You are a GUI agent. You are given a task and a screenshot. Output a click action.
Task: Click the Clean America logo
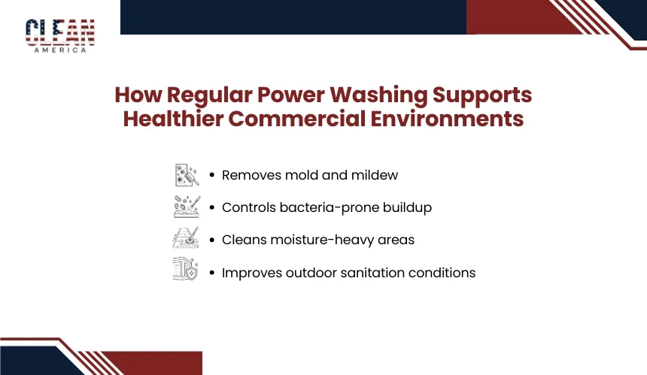(x=60, y=36)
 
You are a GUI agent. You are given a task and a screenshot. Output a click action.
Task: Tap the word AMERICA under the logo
(x=60, y=50)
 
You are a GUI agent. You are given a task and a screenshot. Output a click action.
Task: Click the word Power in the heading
(x=291, y=95)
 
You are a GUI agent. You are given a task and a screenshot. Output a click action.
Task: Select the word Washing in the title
(x=378, y=95)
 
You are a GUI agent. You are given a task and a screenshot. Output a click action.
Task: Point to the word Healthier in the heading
(x=173, y=119)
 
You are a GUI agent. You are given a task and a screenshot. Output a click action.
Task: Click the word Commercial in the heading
(x=296, y=119)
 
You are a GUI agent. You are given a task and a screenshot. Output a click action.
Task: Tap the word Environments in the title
(x=447, y=119)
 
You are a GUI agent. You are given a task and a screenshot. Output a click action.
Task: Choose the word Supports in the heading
(x=482, y=95)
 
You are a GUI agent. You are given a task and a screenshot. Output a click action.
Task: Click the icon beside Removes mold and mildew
(x=187, y=175)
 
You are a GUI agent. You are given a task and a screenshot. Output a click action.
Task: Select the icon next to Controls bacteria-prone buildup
(x=187, y=207)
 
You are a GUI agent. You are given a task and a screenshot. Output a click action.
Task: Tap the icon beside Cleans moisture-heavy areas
(x=186, y=237)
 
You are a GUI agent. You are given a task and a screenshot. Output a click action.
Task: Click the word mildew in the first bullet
(x=375, y=175)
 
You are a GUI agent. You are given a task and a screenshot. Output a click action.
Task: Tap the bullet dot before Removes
(x=212, y=175)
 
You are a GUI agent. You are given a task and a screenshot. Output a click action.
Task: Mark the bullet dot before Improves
(x=212, y=273)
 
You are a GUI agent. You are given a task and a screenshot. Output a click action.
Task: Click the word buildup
(x=407, y=207)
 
